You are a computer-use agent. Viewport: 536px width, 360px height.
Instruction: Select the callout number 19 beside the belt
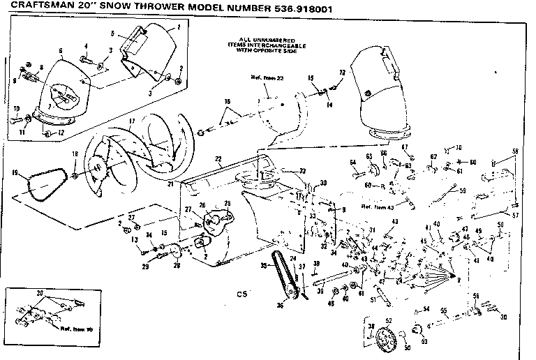click(x=15, y=172)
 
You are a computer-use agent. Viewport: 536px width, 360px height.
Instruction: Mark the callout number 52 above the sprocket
click(x=389, y=320)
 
